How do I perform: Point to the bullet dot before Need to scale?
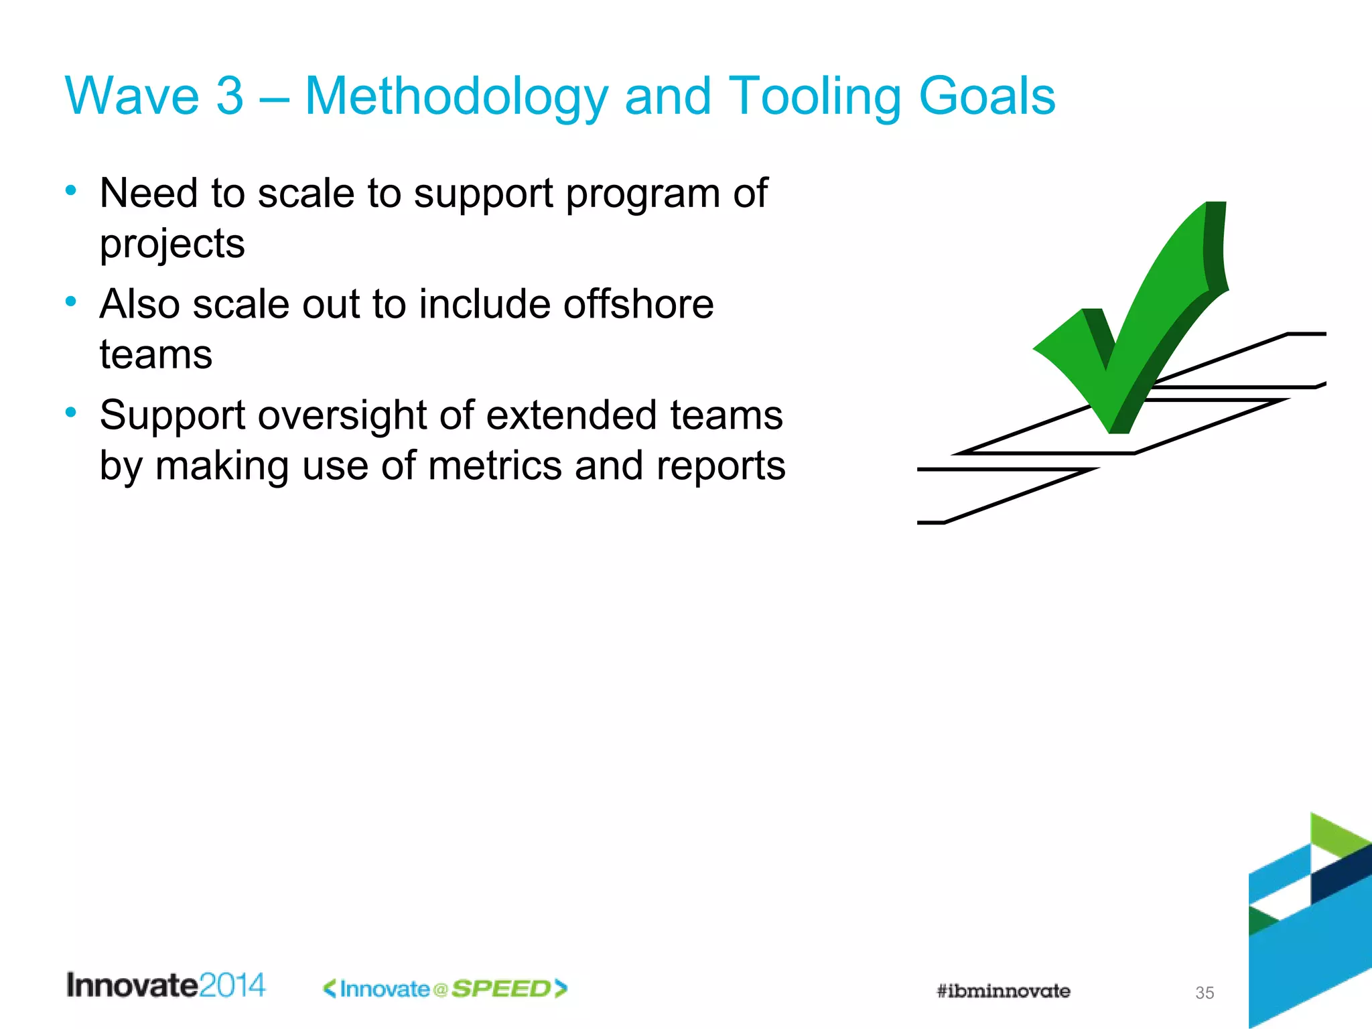tap(71, 191)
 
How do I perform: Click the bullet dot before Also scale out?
tap(71, 302)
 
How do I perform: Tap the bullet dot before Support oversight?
tap(71, 413)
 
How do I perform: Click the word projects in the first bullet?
tap(172, 244)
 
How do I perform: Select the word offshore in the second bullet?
tap(638, 304)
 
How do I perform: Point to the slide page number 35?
tap(1204, 993)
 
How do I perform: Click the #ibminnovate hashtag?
tap(1003, 991)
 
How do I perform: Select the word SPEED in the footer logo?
tap(501, 989)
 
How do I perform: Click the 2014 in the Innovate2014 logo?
tap(232, 985)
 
